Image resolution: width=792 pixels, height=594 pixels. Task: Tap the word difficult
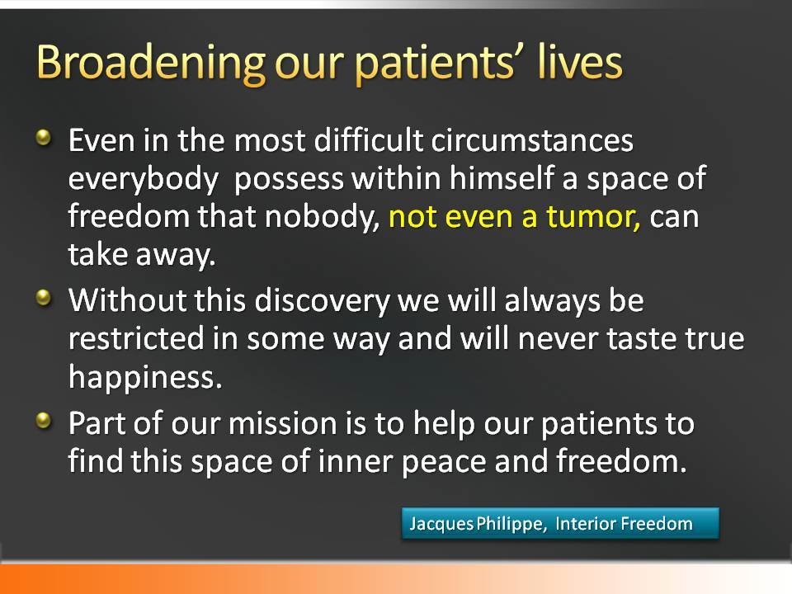(369, 140)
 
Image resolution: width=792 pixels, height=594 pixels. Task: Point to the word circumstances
(532, 140)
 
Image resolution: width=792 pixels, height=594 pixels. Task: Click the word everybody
(144, 179)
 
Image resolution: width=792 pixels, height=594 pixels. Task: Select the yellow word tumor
(594, 216)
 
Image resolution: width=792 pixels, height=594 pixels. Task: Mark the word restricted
(136, 338)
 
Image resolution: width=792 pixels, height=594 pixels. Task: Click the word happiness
(145, 377)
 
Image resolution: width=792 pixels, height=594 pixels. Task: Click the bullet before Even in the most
(45, 138)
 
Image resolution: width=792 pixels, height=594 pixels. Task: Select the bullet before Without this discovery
(45, 297)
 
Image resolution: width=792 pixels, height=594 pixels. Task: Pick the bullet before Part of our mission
(45, 420)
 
